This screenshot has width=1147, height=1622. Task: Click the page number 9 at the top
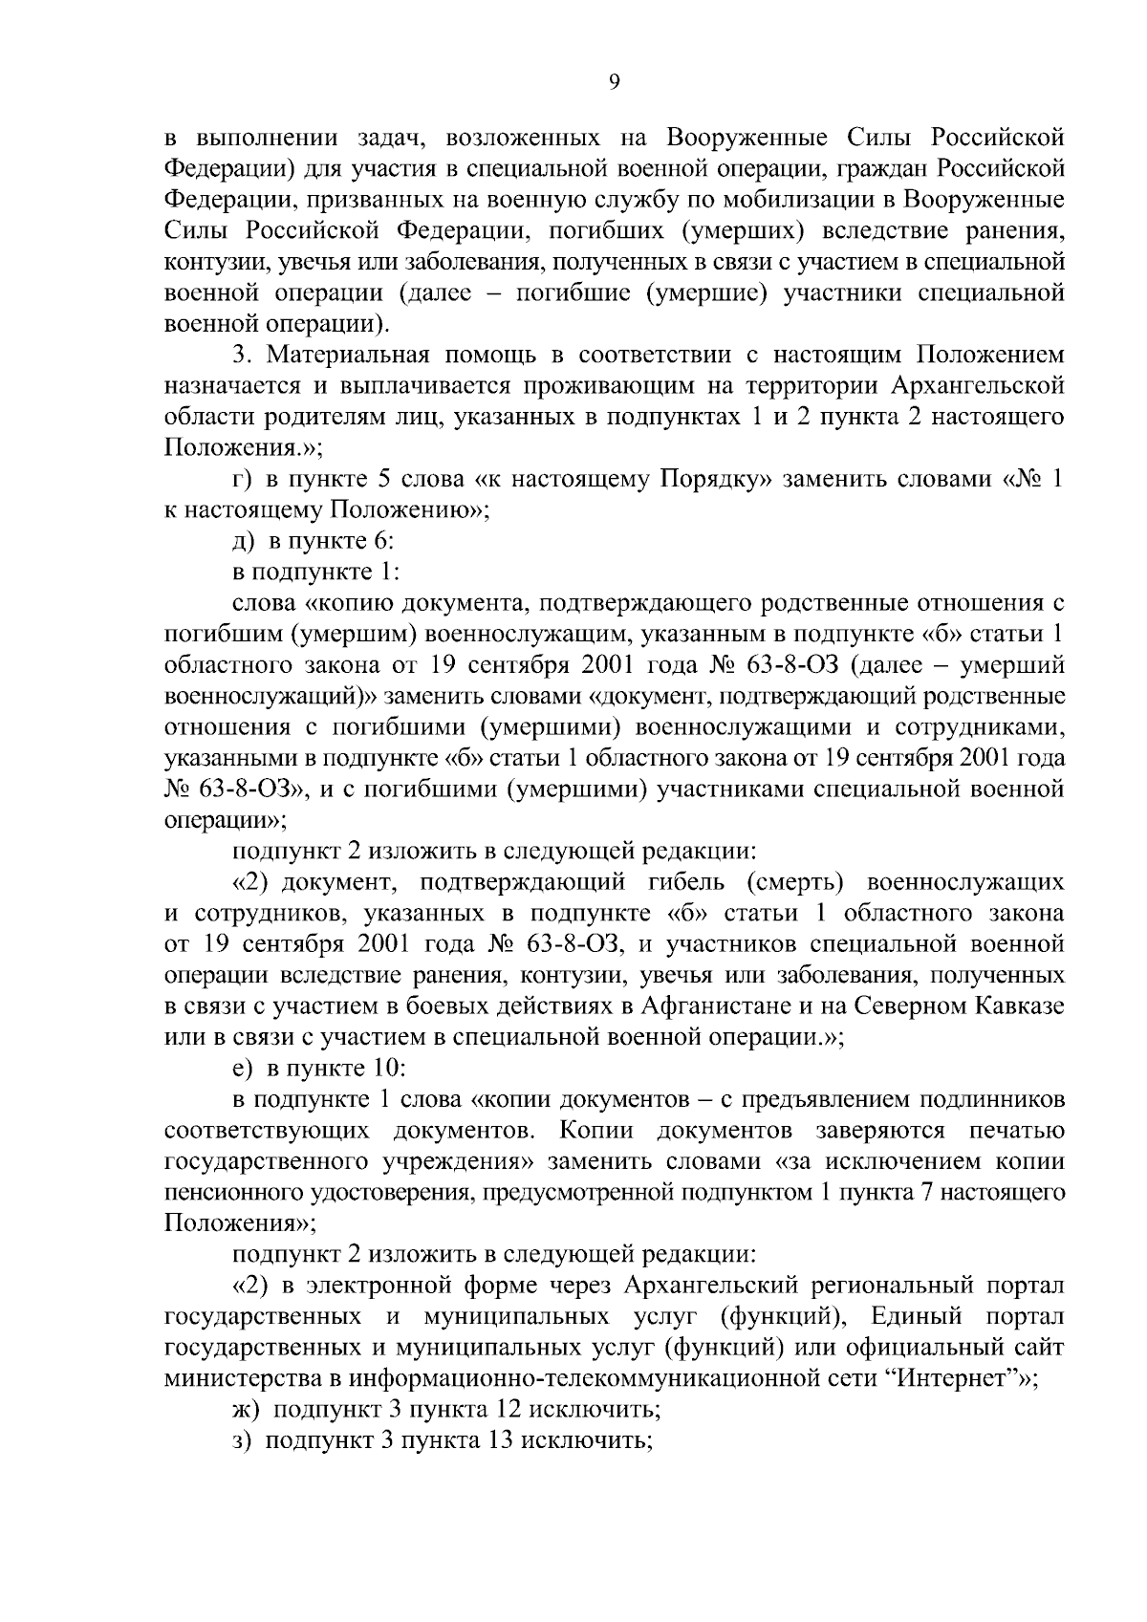[x=615, y=82]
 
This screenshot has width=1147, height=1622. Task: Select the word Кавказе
[x=1015, y=1006]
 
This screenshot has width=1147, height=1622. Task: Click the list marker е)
[x=244, y=1069]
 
